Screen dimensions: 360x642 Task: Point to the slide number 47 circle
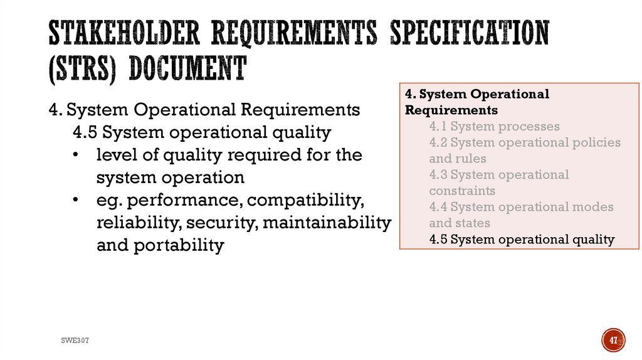(614, 340)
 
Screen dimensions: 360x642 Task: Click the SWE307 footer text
(75, 340)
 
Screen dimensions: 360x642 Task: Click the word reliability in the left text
(131, 223)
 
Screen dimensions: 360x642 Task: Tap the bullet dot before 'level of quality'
(76, 155)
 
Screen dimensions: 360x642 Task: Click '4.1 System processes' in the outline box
(495, 127)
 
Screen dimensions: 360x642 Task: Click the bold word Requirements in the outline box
(451, 110)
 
